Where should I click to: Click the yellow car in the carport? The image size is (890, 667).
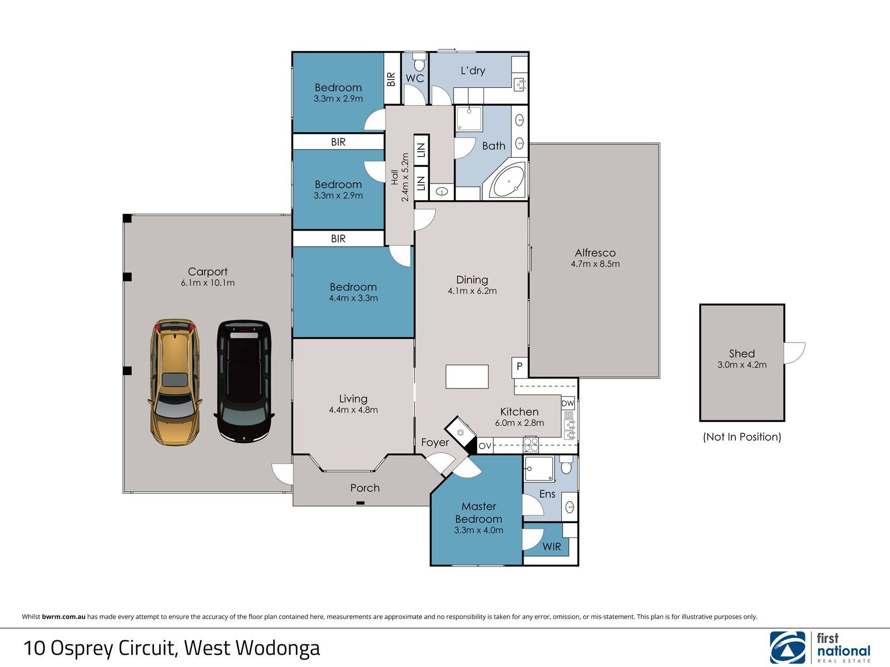click(175, 381)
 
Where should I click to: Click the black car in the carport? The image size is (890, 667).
click(244, 381)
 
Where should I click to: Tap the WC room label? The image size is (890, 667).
click(415, 78)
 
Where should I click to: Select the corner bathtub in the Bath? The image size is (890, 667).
click(507, 180)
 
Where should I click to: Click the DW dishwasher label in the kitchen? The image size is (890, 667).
click(568, 404)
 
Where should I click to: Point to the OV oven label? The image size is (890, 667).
click(485, 446)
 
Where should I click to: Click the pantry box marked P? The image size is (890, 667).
click(520, 367)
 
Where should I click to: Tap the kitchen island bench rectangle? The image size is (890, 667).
click(467, 377)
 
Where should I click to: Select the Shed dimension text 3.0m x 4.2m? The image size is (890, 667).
click(742, 365)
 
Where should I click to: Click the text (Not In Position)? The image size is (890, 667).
click(742, 436)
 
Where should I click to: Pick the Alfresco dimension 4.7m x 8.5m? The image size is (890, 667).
click(595, 264)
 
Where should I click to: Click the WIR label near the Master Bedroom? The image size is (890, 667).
click(551, 547)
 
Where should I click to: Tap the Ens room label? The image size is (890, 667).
click(547, 494)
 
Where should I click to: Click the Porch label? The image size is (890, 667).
click(365, 488)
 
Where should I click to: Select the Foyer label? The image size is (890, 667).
click(435, 442)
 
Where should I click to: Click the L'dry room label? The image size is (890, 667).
click(473, 71)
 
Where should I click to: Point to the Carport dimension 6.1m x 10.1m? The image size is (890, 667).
click(207, 283)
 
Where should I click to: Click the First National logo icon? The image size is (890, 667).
click(788, 647)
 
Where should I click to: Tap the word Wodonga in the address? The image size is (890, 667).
click(278, 648)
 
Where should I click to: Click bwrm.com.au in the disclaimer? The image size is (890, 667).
click(63, 617)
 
